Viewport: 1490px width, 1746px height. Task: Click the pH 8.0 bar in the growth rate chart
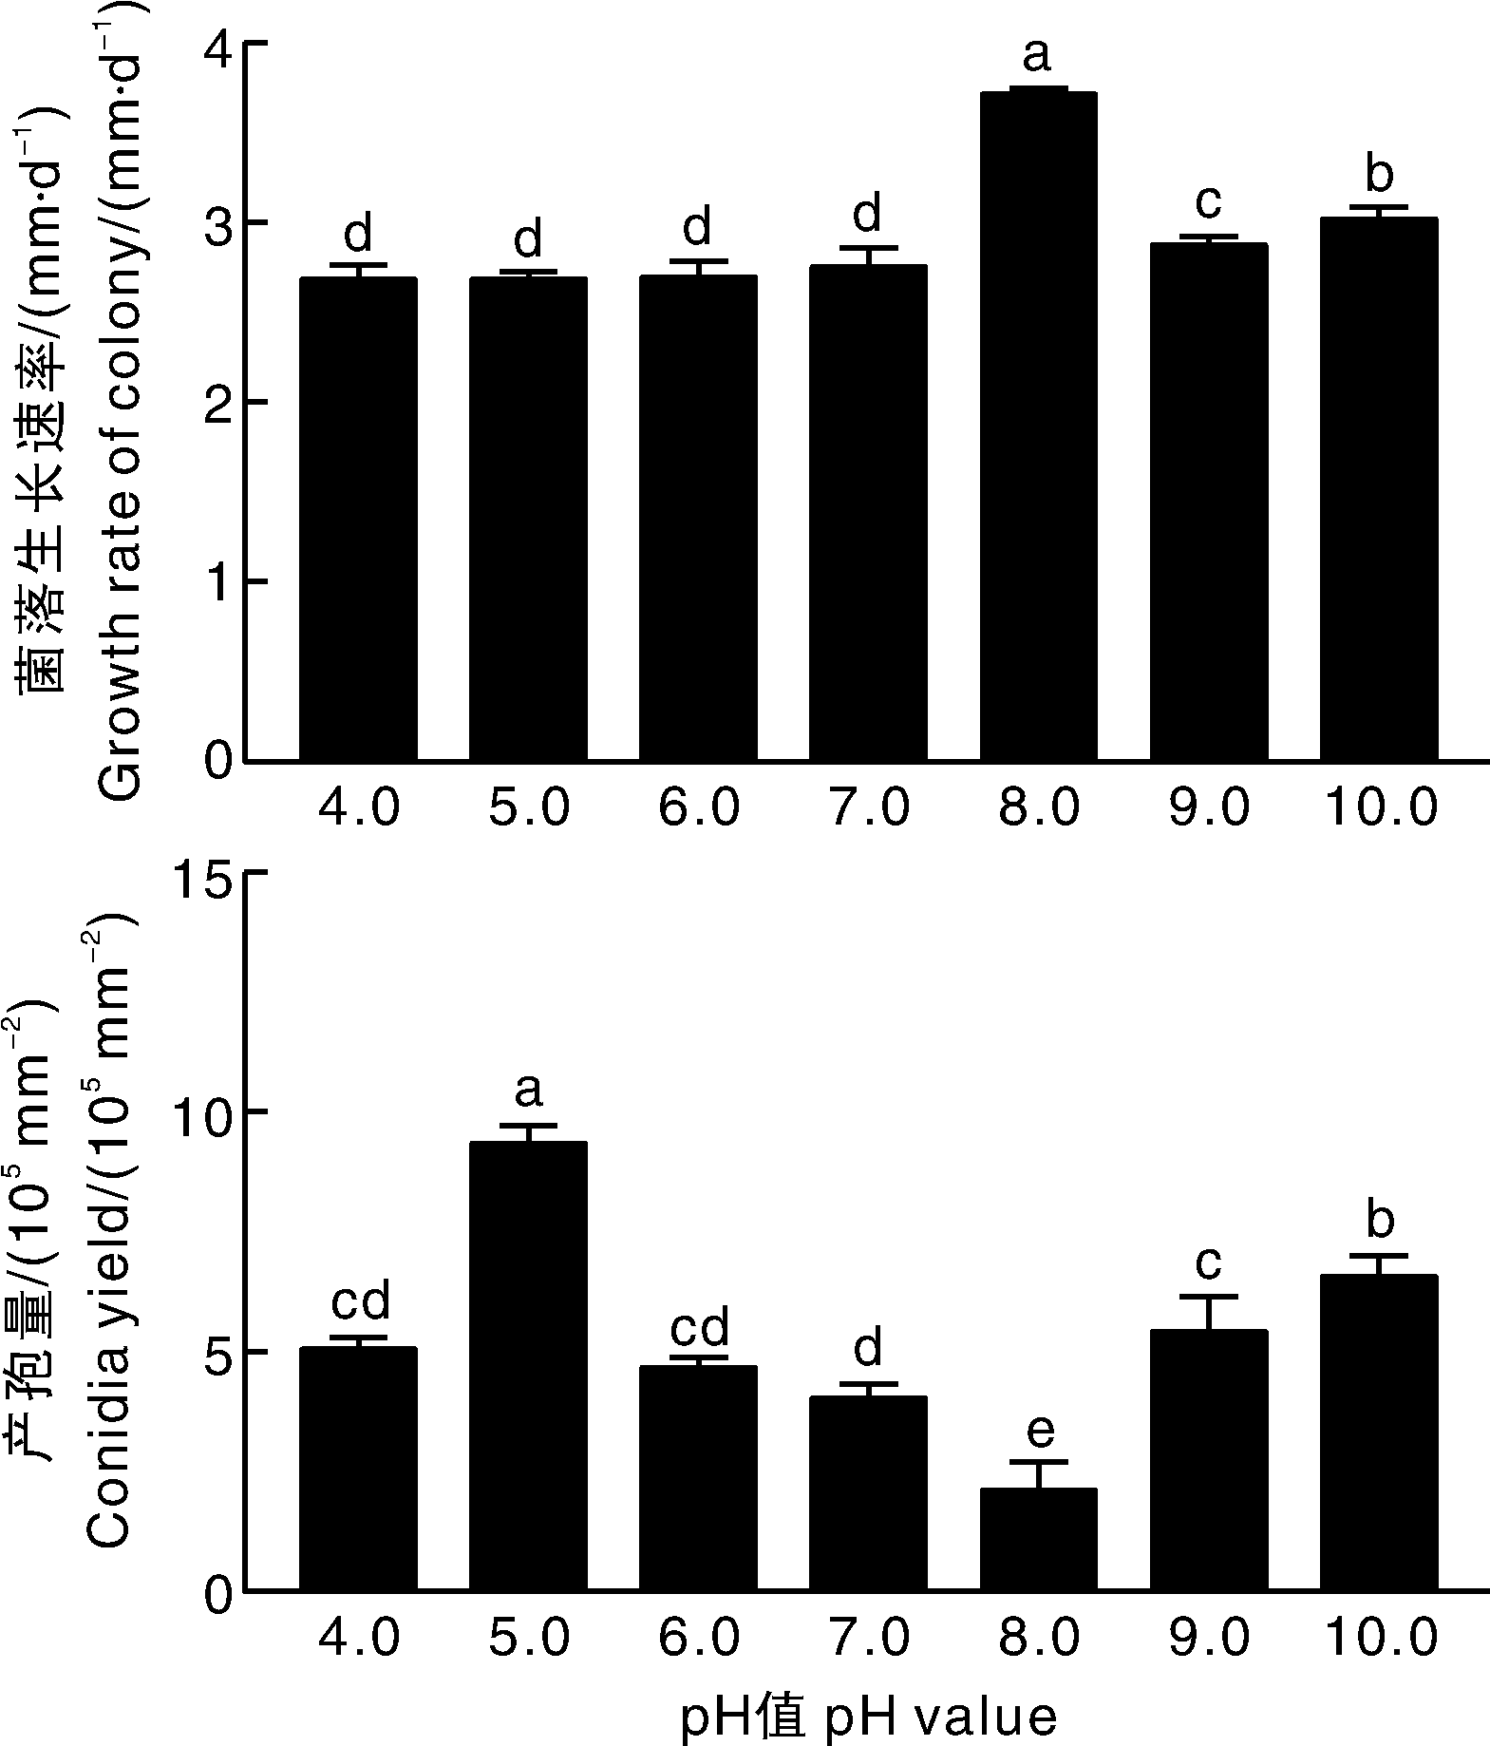(x=1038, y=427)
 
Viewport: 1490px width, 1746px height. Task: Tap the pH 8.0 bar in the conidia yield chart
(x=1038, y=1539)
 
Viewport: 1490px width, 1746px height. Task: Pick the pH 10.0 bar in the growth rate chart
(x=1378, y=489)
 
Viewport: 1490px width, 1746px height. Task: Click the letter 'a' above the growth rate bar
(x=1037, y=55)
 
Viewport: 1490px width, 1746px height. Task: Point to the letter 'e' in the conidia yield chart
(x=1038, y=1431)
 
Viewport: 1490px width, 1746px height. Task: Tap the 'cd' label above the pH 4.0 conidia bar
(x=360, y=1302)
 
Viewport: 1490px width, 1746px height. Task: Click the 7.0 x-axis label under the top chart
(x=868, y=809)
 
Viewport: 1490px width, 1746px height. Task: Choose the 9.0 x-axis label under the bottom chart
(x=1208, y=1640)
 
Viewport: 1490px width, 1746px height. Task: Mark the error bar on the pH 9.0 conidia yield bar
(x=1208, y=1312)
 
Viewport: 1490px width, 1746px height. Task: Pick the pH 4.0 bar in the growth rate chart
(x=358, y=519)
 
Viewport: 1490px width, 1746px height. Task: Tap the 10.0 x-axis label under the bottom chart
(x=1379, y=1640)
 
